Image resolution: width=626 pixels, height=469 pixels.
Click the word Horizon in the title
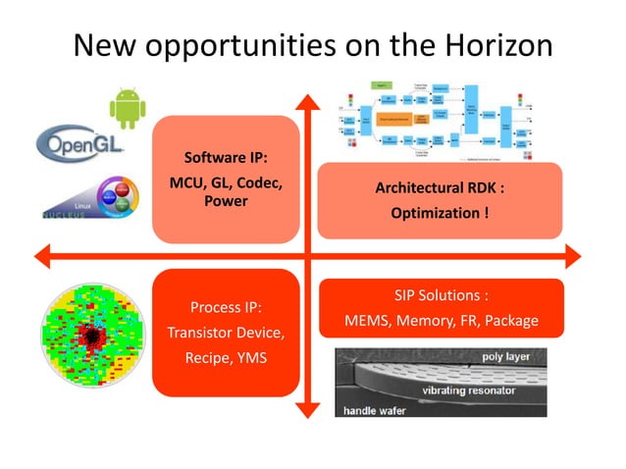coord(485,45)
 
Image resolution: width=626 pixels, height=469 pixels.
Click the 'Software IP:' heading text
coord(225,159)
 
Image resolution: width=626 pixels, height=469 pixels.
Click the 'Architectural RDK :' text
coord(440,189)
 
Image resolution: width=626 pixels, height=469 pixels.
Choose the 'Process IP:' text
coord(225,307)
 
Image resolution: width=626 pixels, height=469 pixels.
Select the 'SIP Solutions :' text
coord(441,295)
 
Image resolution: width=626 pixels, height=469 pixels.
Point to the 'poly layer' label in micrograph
coord(505,358)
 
